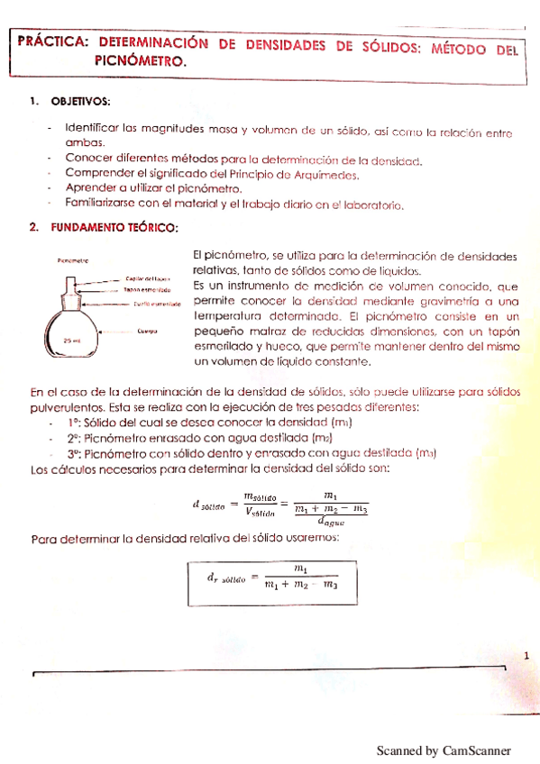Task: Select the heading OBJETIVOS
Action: [x=81, y=100]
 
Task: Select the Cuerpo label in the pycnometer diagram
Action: [x=148, y=331]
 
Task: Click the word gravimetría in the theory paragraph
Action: [x=444, y=301]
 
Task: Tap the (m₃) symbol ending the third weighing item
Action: [x=426, y=453]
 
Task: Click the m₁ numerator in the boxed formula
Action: [x=301, y=568]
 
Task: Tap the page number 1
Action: [x=526, y=655]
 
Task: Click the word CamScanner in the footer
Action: [x=477, y=750]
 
